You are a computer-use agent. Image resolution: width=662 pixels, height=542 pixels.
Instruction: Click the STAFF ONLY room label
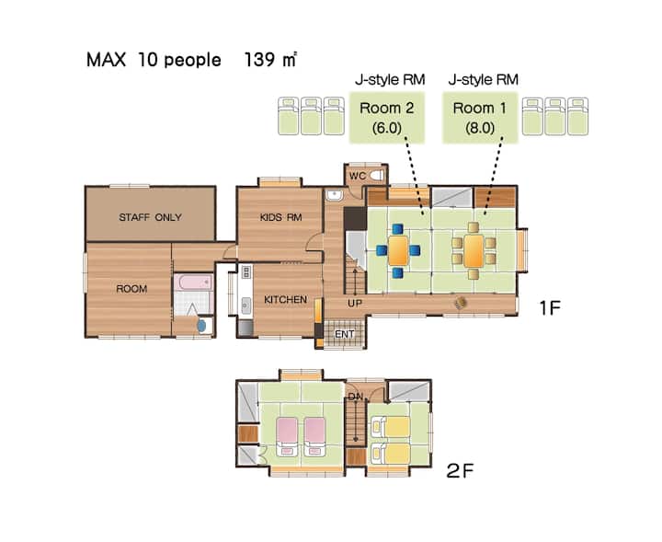(150, 217)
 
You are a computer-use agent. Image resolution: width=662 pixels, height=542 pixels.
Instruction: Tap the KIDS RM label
(280, 217)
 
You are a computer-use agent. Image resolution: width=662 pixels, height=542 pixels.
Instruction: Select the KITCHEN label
(285, 299)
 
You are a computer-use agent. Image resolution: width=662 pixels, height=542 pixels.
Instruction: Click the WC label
(357, 176)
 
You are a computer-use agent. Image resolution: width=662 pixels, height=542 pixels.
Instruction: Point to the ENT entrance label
(345, 334)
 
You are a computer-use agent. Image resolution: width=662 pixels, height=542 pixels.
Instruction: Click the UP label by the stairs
(355, 303)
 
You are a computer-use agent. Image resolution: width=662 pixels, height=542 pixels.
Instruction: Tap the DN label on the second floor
(355, 397)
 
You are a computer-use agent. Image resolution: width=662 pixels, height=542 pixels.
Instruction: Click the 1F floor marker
(550, 308)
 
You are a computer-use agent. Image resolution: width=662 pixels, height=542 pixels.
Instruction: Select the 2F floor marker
(460, 470)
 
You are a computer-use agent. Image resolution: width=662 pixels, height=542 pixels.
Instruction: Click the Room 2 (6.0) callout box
(387, 118)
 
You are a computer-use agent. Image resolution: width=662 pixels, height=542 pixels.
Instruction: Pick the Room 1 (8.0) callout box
(480, 118)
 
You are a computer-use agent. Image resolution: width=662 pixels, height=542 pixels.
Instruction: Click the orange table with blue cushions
(398, 251)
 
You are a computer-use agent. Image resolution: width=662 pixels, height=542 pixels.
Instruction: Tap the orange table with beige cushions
(474, 251)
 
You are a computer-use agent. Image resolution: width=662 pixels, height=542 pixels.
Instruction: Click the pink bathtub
(194, 282)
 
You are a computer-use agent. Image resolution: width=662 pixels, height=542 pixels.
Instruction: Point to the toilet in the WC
(377, 176)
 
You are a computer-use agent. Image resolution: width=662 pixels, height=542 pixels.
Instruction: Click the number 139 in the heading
(259, 60)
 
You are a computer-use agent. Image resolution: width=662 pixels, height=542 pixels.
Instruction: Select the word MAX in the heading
(106, 60)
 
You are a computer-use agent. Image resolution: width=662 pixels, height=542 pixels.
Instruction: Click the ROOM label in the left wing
(131, 289)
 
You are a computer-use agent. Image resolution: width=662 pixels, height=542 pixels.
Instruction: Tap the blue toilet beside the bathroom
(201, 325)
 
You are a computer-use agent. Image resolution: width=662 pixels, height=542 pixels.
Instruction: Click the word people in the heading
(192, 61)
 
